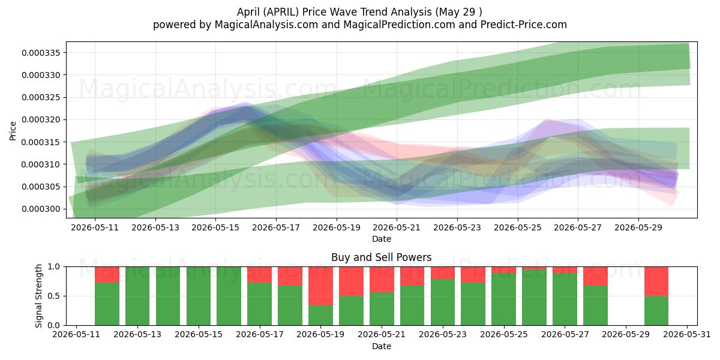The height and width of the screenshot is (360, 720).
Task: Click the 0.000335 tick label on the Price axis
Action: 41,53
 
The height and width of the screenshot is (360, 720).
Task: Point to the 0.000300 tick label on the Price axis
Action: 41,209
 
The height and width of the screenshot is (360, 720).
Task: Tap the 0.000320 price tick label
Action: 41,120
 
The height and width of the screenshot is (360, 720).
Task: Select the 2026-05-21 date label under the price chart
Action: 397,227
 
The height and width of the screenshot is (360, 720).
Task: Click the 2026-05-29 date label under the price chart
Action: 638,227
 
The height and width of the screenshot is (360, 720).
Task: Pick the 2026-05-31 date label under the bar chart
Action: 687,334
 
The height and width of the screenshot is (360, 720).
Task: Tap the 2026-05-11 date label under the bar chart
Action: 76,334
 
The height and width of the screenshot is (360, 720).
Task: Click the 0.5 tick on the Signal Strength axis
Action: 53,296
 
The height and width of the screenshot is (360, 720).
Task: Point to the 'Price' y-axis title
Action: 13,131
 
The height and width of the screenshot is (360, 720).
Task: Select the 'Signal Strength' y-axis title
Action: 38,296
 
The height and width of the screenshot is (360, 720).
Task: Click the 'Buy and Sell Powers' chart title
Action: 381,257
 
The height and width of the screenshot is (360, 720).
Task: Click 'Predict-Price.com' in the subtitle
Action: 524,25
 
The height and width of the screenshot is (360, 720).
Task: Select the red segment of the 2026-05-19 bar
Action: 320,286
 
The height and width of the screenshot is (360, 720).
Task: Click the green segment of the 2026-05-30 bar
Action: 656,311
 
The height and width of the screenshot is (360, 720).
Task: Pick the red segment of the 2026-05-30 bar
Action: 656,281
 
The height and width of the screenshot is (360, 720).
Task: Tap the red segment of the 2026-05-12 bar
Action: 107,275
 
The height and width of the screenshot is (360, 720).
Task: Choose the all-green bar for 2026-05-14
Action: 168,296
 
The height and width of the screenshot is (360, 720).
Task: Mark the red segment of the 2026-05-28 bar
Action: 595,276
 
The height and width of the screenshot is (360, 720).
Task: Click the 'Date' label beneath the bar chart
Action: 381,347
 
